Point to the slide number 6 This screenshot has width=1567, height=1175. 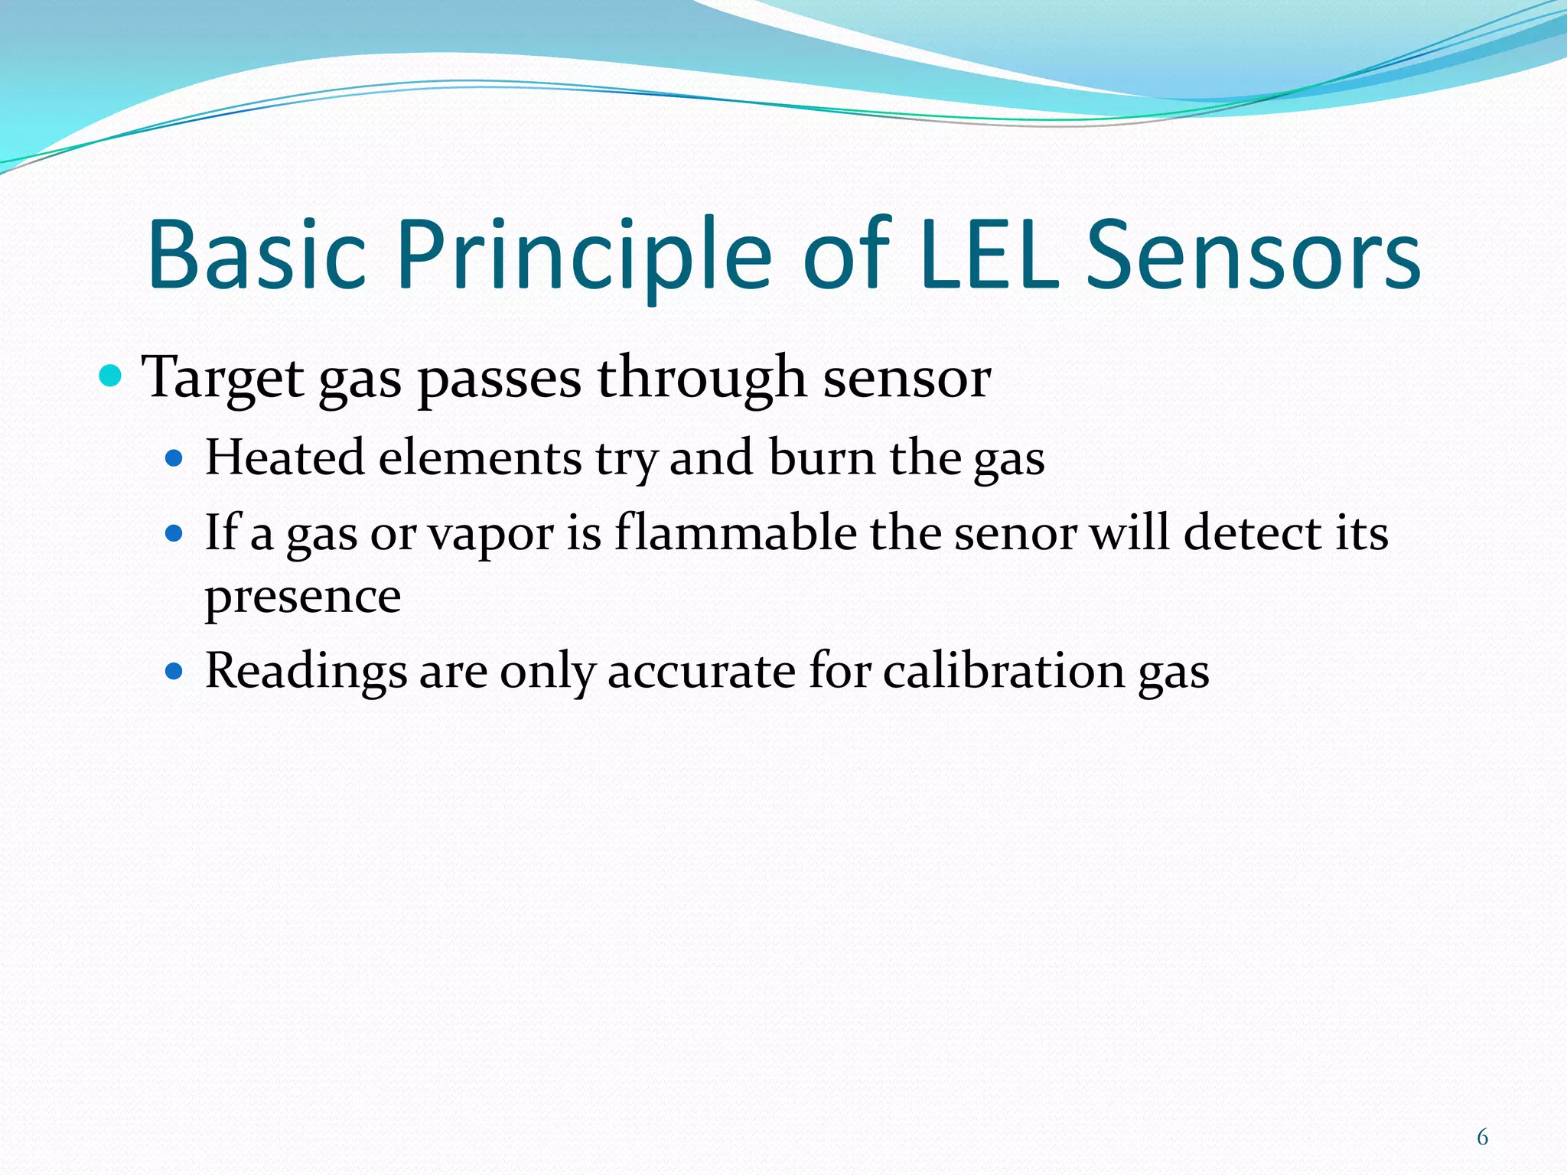(x=1482, y=1138)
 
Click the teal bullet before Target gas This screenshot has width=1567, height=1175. (x=112, y=376)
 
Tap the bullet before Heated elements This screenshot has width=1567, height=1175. (x=174, y=459)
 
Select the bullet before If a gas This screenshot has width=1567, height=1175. (x=174, y=533)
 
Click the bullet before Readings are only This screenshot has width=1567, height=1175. (x=174, y=672)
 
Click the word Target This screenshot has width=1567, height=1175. (x=223, y=378)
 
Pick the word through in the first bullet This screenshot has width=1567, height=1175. (x=701, y=378)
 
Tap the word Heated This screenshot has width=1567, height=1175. (x=285, y=458)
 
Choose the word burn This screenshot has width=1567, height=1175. (x=822, y=458)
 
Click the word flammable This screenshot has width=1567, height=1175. (x=735, y=532)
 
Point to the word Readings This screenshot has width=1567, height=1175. (x=306, y=672)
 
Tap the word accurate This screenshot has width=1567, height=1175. (x=702, y=672)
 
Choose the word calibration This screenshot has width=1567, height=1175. (x=1003, y=672)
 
